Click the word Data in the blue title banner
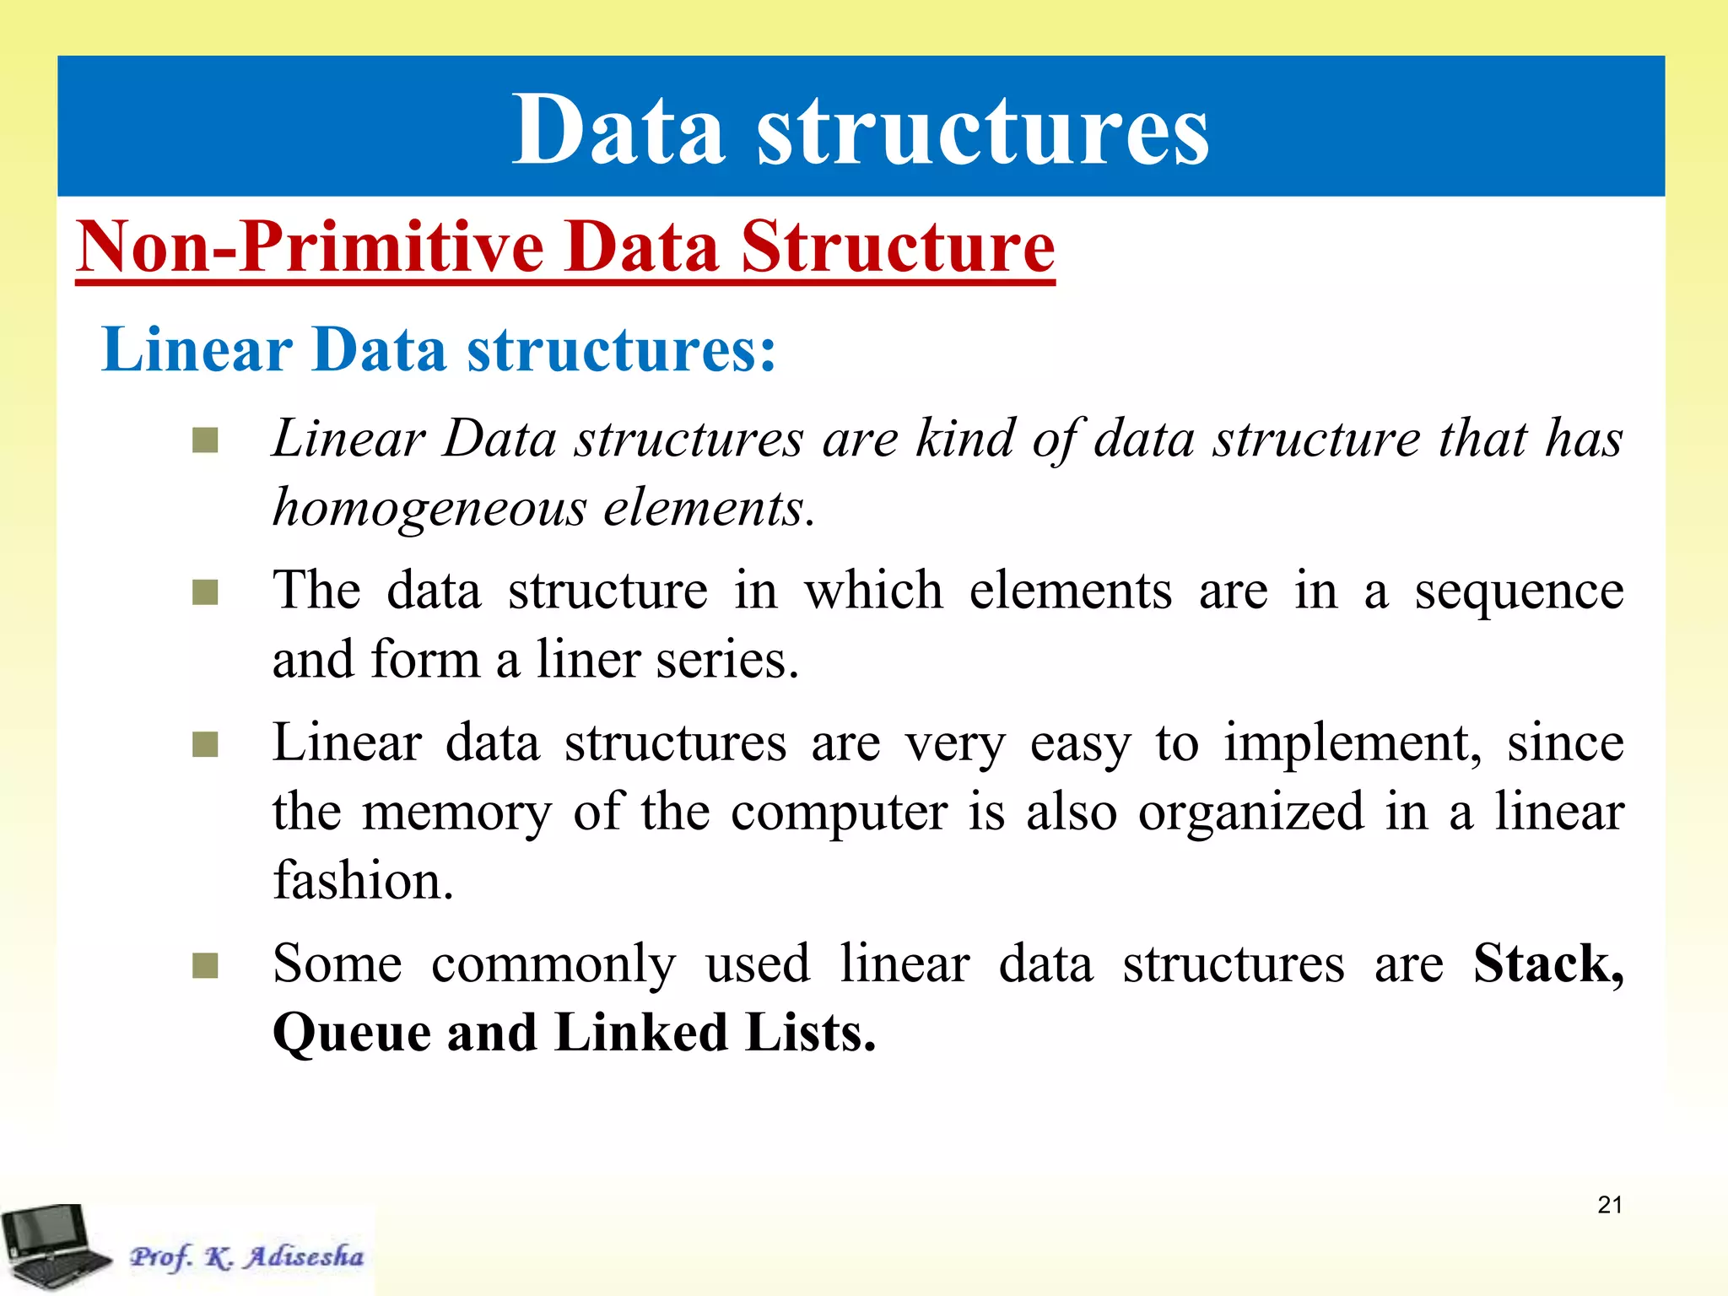point(618,131)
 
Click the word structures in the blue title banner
point(983,131)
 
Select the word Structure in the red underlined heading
point(898,246)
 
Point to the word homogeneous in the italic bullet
point(429,509)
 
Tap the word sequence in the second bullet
point(1519,590)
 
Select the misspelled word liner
point(589,659)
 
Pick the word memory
point(456,813)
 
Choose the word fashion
point(363,880)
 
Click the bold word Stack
point(1547,964)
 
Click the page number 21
point(1610,1205)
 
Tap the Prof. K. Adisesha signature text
point(246,1256)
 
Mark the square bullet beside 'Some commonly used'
point(205,965)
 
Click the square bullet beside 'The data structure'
point(205,592)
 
